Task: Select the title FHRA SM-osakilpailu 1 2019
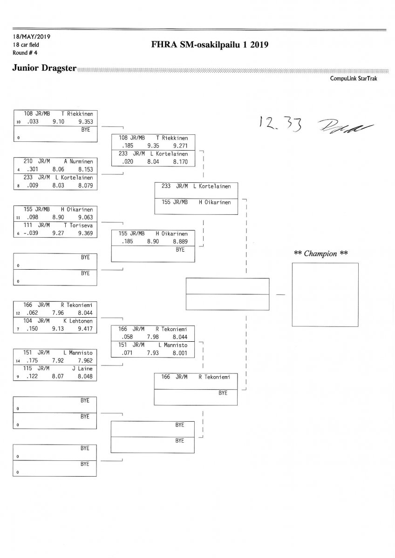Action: pyautogui.click(x=210, y=45)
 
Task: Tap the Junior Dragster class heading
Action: pyautogui.click(x=44, y=68)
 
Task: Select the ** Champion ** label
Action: pyautogui.click(x=321, y=253)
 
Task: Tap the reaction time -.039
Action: pyautogui.click(x=30, y=233)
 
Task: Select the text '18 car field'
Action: pyautogui.click(x=26, y=45)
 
